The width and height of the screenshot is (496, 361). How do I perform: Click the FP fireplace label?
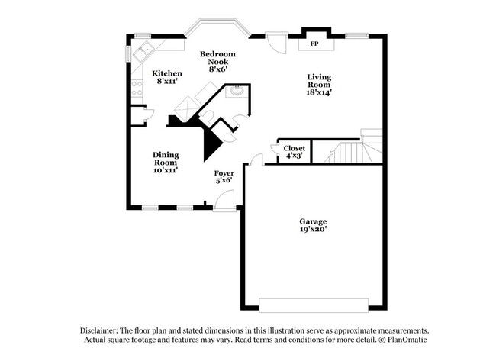point(314,44)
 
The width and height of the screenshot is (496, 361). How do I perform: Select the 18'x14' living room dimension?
point(319,92)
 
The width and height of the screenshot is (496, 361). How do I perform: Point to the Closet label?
point(294,148)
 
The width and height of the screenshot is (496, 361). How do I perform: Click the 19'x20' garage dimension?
point(313,230)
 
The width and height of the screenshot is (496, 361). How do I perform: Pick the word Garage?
point(313,222)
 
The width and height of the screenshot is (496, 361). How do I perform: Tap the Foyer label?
point(224,173)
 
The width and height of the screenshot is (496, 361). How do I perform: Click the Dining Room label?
point(166,158)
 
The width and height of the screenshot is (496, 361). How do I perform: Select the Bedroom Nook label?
point(217,58)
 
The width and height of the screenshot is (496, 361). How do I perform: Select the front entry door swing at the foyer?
point(224,200)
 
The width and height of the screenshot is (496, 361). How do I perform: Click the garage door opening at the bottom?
point(313,305)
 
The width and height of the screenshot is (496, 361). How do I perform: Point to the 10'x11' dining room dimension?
point(166,170)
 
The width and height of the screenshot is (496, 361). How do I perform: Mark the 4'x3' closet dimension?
point(294,156)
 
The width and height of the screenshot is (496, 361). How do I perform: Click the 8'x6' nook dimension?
point(217,69)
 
